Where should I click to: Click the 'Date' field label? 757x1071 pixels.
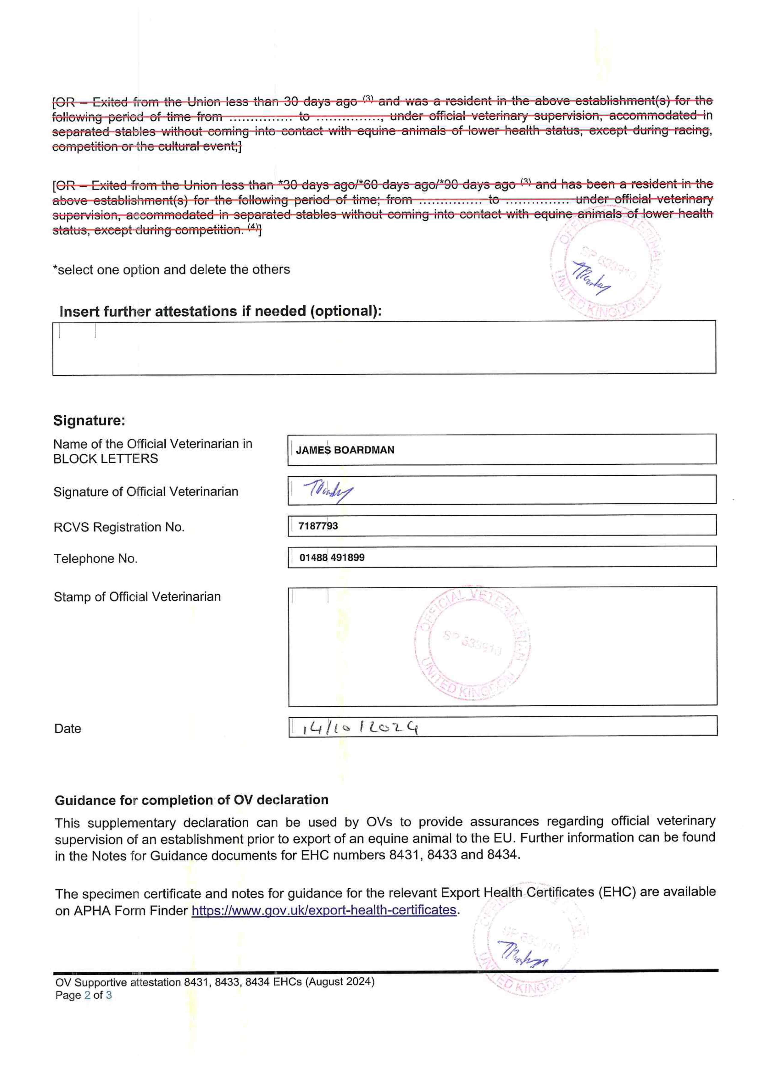[68, 729]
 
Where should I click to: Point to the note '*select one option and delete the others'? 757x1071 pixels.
[171, 270]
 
